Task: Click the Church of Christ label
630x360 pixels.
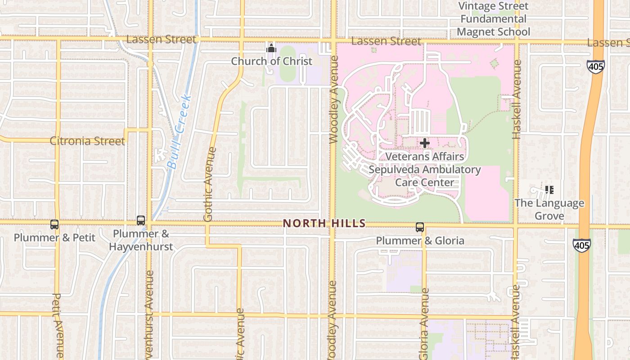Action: [x=271, y=61]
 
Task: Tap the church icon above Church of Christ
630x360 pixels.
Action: [x=271, y=48]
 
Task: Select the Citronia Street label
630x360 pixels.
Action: [x=87, y=141]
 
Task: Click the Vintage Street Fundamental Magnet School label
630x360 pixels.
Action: [x=493, y=19]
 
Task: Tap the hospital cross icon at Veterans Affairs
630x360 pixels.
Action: [x=424, y=144]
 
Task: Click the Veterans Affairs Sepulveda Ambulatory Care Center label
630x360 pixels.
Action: [x=425, y=170]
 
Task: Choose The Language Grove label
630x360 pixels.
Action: [x=549, y=209]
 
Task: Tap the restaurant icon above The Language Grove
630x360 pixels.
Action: [x=549, y=190]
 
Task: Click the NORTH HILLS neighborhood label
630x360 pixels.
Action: [x=324, y=224]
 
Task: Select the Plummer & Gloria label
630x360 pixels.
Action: [x=420, y=241]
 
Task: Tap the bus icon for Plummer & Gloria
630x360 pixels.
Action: [x=420, y=227]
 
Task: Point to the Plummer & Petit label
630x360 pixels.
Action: [x=54, y=237]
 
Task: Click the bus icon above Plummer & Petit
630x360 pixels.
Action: [x=54, y=224]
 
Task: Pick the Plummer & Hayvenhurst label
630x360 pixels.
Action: [x=141, y=240]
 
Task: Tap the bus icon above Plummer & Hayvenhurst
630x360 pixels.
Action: [x=141, y=220]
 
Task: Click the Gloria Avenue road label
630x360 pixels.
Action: [x=424, y=324]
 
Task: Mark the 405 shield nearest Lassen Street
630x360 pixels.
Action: [x=595, y=66]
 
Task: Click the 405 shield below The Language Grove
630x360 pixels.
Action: [x=581, y=245]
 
